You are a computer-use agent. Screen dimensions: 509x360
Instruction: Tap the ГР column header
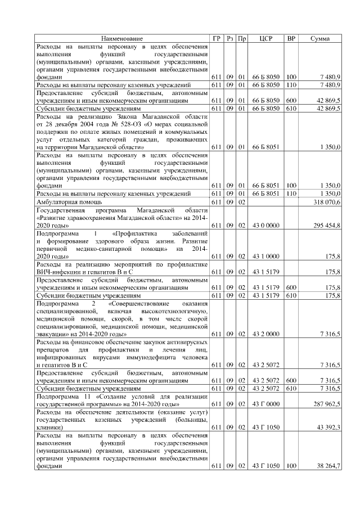click(217, 38)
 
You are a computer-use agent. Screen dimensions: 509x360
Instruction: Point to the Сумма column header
click(320, 38)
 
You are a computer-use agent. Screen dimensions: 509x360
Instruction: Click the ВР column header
click(291, 38)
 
